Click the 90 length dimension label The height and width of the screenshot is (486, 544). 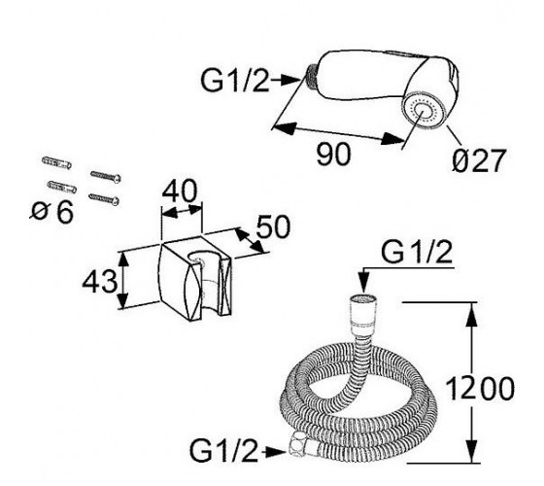pyautogui.click(x=333, y=155)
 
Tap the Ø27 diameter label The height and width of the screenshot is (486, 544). pyautogui.click(x=479, y=160)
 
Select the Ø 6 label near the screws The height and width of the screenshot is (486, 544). pyautogui.click(x=52, y=212)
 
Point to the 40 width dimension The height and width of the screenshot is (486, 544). pyautogui.click(x=180, y=191)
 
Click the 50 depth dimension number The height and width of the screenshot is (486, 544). pyautogui.click(x=273, y=226)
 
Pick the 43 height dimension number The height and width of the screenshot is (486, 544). pyautogui.click(x=100, y=281)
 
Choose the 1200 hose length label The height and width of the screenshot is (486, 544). pyautogui.click(x=480, y=389)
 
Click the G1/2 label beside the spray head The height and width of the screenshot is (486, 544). pyautogui.click(x=235, y=81)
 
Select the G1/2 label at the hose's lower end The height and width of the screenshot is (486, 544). pyautogui.click(x=224, y=450)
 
